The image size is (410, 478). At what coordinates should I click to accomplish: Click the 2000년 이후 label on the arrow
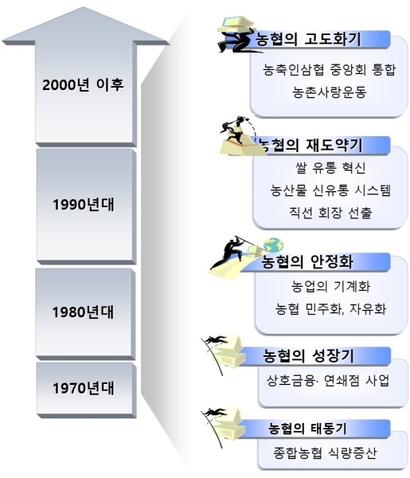tap(83, 84)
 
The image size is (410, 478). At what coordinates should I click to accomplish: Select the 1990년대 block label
tap(84, 204)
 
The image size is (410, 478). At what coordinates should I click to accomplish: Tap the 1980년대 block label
tap(83, 312)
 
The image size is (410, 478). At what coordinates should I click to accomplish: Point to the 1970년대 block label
tap(84, 388)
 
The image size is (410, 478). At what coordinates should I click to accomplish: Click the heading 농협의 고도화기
tap(308, 39)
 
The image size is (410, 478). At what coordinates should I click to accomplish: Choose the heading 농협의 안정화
tap(308, 261)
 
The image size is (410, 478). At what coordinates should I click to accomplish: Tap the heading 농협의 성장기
tap(309, 356)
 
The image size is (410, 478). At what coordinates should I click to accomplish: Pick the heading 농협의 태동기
tap(307, 429)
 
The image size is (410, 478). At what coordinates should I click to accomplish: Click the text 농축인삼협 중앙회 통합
tap(330, 69)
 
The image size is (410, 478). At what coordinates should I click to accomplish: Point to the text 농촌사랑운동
tap(330, 92)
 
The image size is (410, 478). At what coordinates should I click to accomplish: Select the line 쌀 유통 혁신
tap(330, 167)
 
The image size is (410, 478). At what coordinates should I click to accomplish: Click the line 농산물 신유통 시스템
tap(330, 190)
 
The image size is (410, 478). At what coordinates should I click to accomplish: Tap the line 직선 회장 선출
tap(330, 213)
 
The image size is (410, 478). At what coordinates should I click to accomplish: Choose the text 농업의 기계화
tap(331, 286)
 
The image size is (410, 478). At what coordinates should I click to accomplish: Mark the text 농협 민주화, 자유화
tap(331, 309)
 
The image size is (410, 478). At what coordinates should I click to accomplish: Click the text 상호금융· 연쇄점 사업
tap(328, 381)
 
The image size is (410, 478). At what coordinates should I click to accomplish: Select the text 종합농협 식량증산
tap(325, 453)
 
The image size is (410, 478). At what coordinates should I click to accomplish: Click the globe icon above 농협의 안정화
tap(273, 245)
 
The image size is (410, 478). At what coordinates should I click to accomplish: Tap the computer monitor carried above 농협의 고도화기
tap(236, 23)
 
